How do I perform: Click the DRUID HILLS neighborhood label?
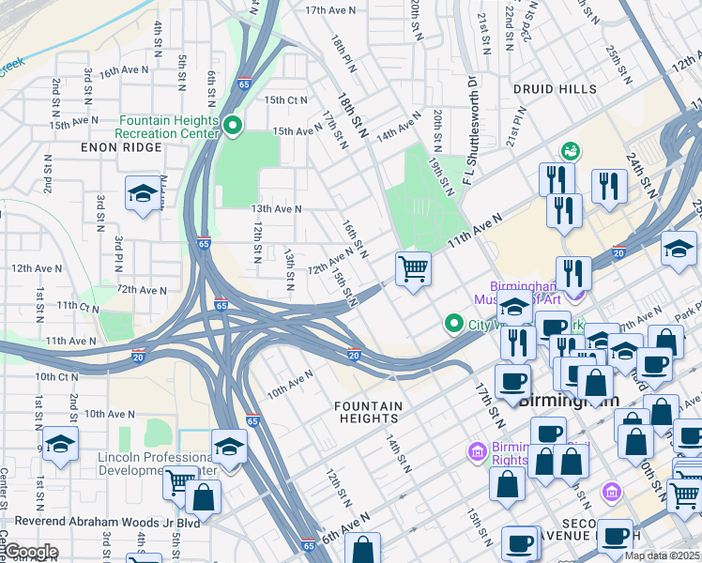554,89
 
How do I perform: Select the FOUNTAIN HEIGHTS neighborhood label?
369,412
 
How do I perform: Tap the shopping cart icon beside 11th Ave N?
413,269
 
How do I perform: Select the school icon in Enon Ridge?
142,193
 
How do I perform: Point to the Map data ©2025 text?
662,555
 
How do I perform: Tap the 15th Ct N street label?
285,100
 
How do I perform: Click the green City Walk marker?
454,325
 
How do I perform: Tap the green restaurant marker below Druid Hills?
569,151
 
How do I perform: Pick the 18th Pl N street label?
340,55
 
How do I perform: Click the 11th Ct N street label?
77,306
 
